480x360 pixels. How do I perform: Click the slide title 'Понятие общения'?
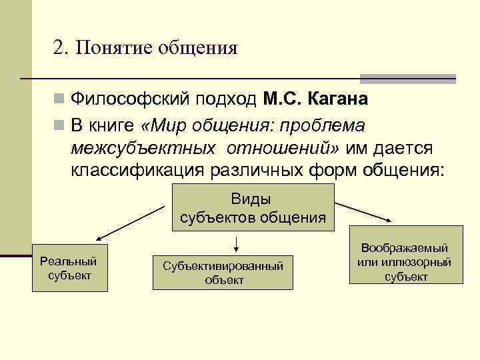click(157, 48)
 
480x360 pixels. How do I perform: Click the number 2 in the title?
click(59, 48)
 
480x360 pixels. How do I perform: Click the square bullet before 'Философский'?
click(59, 100)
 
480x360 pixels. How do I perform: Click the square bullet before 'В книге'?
click(59, 125)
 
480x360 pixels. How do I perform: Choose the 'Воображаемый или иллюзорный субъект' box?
click(405, 262)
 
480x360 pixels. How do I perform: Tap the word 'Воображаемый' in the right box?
click(405, 247)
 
